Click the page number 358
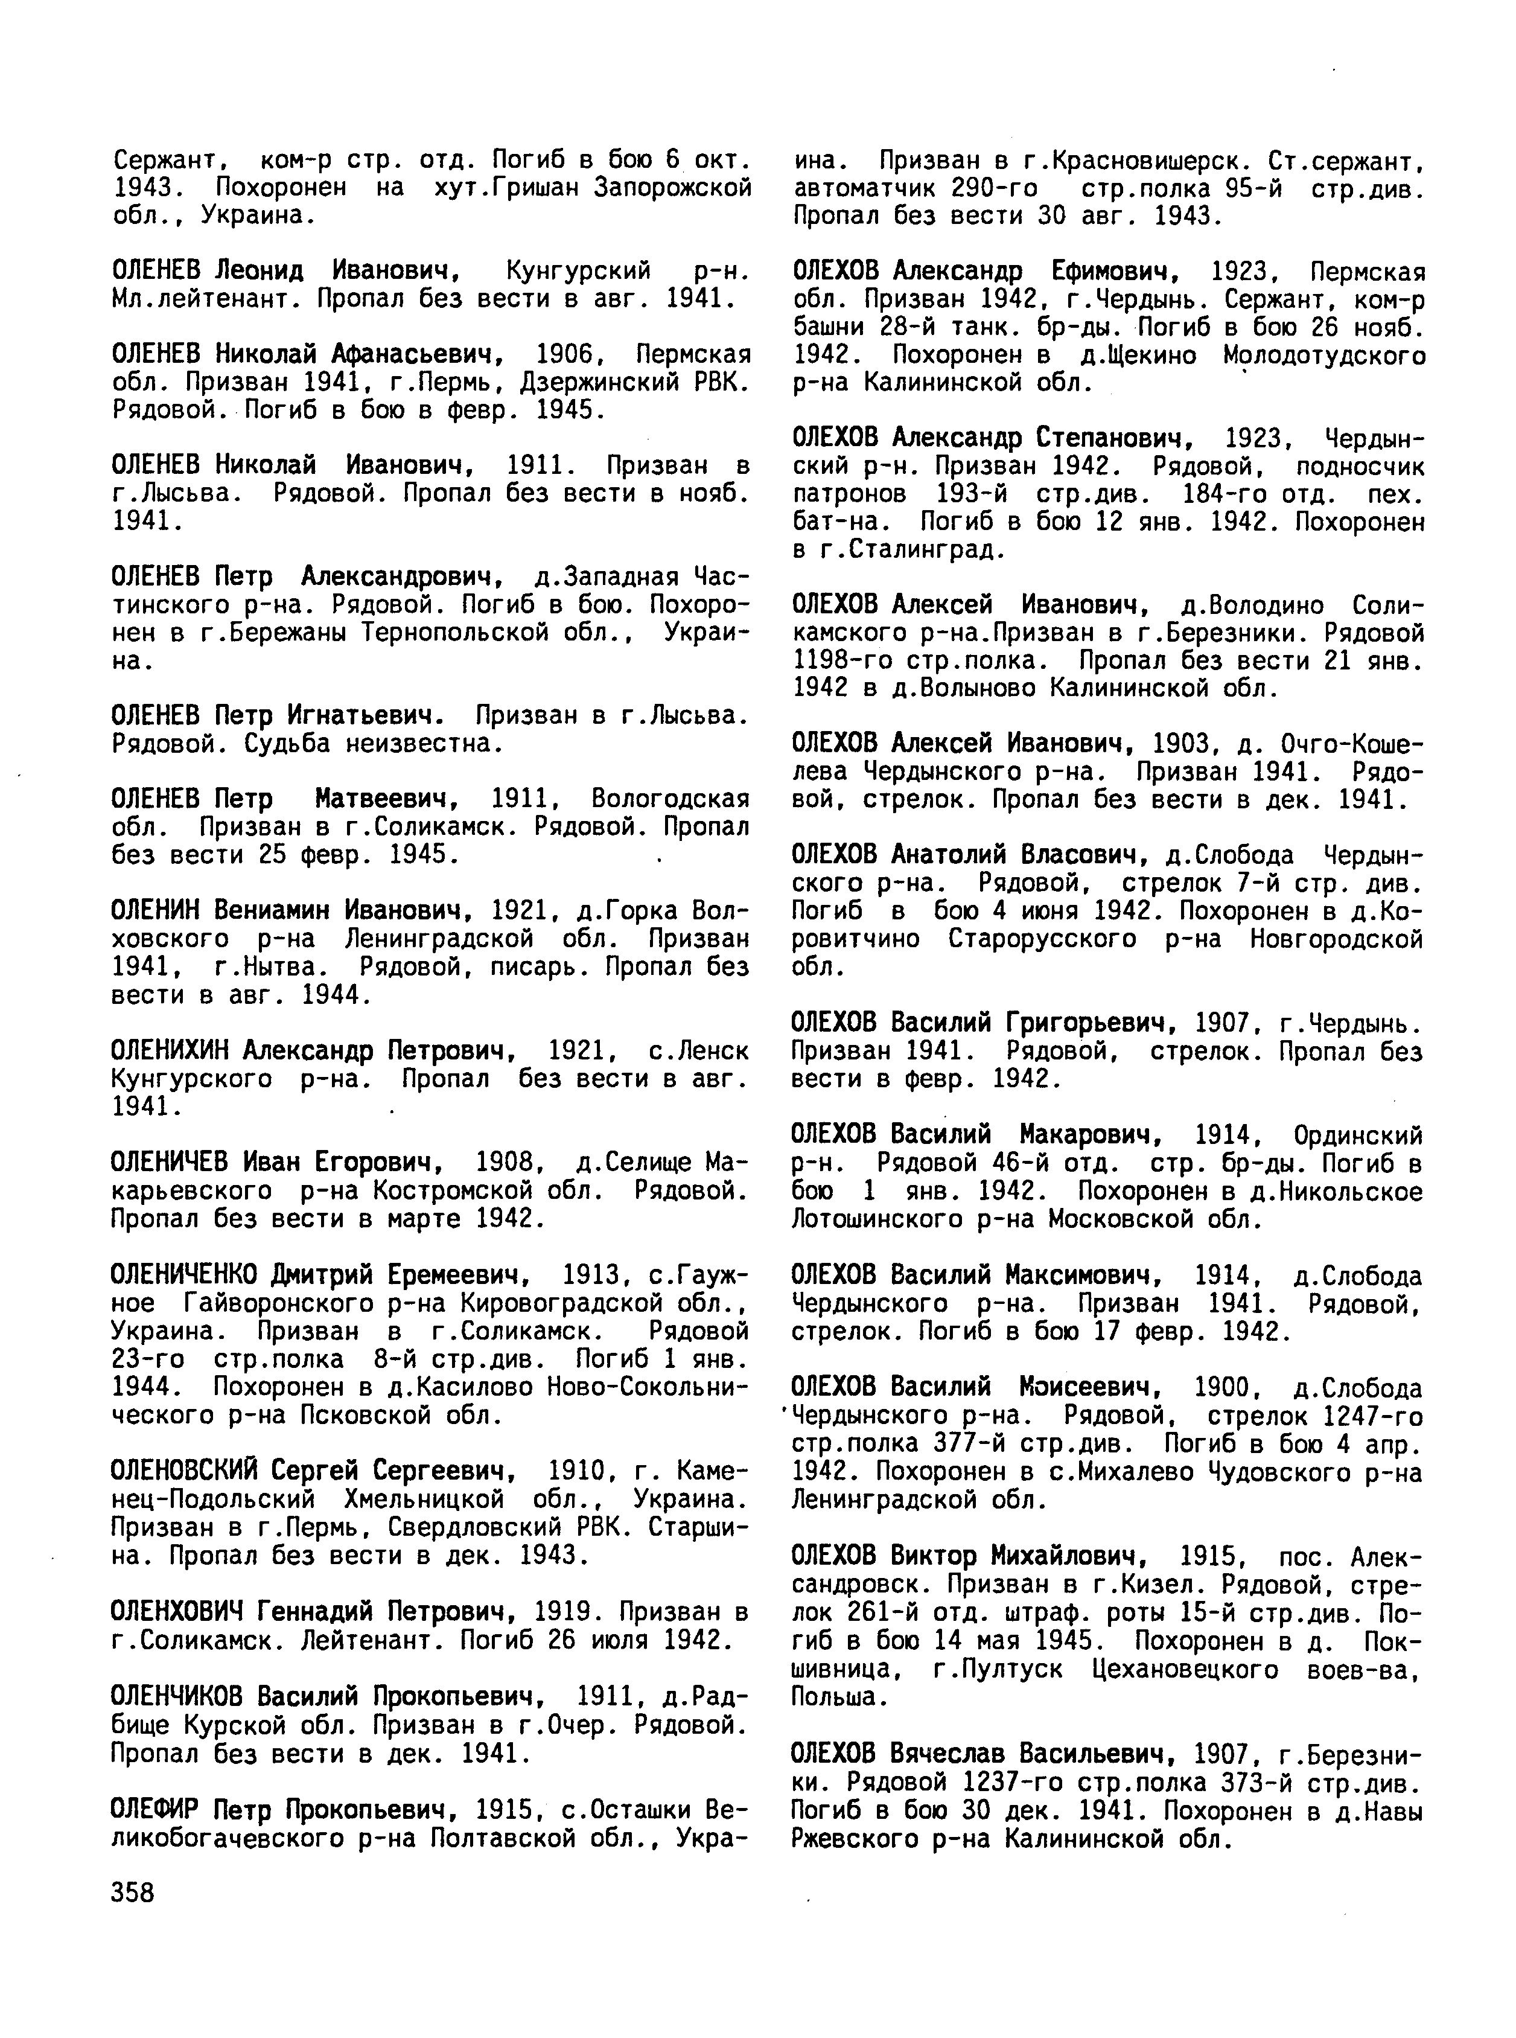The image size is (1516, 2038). pyautogui.click(x=133, y=1893)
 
